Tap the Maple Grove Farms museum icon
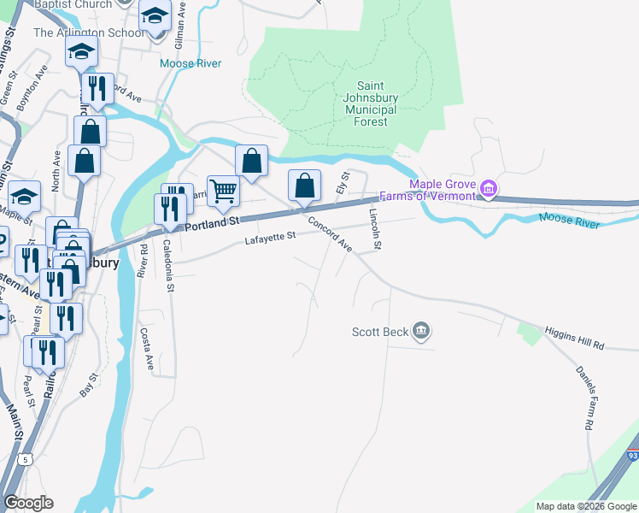click(x=489, y=188)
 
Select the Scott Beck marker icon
click(x=420, y=330)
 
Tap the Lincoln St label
click(x=373, y=228)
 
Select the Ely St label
click(x=345, y=182)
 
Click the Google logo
click(x=28, y=503)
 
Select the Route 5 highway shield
click(x=26, y=460)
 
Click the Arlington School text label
click(x=88, y=33)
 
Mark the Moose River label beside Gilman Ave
click(x=191, y=63)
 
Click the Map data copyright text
click(x=585, y=506)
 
